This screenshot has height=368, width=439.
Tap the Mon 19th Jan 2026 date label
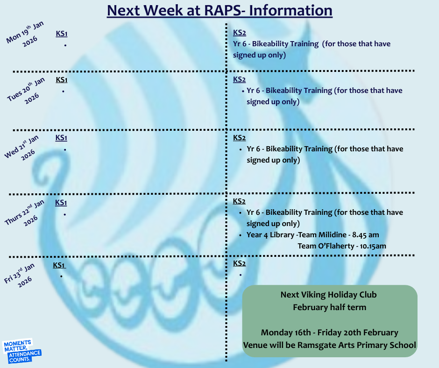pos(25,34)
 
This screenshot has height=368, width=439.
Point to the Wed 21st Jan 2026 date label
pos(22,148)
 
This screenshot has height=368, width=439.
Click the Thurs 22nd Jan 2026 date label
pos(25,213)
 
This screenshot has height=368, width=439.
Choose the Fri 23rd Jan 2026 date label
pos(19,276)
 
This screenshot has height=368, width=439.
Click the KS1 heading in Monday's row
pos(62,34)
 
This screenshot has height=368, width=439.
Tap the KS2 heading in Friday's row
pos(240,263)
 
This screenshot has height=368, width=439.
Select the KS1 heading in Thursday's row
pos(61,203)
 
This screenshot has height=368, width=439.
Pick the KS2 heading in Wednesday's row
pos(240,137)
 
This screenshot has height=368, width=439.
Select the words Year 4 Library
pos(270,235)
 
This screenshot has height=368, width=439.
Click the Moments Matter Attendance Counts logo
pos(22,351)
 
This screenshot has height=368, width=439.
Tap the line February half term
pos(330,307)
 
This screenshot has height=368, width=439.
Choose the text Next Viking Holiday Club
pos(329,295)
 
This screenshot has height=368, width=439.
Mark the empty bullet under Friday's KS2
pos(241,275)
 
